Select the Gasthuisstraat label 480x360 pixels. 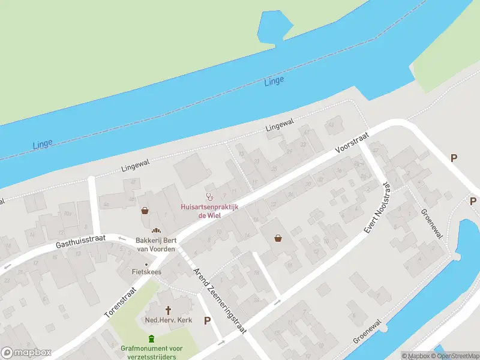(80, 242)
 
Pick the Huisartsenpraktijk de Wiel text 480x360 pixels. (210, 211)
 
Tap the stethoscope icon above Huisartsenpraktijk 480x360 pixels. (210, 196)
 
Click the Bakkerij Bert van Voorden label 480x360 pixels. (155, 244)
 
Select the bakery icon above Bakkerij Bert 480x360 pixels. (156, 230)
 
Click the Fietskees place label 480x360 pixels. (146, 271)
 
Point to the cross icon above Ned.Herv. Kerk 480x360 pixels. (168, 310)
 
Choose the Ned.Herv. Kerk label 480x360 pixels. (168, 320)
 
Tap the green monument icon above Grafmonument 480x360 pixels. (152, 338)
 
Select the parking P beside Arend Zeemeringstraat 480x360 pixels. (207, 320)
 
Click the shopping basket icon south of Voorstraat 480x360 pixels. (278, 238)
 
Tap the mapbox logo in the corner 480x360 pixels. (26, 353)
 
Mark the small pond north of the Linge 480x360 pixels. (274, 27)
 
